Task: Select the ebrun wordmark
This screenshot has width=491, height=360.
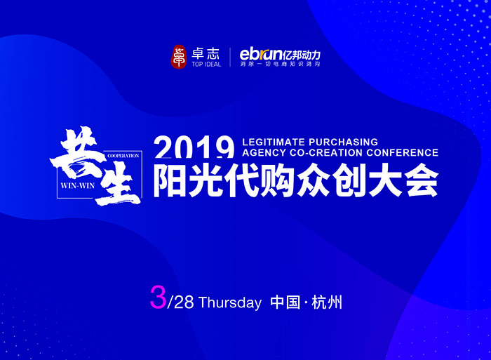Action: point(261,53)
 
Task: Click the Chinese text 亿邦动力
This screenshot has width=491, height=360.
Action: point(307,53)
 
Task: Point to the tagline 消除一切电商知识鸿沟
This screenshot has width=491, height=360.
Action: point(284,65)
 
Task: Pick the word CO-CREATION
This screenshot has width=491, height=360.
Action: point(328,152)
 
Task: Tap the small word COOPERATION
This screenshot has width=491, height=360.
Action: point(123,154)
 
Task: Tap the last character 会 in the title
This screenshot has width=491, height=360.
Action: point(420,181)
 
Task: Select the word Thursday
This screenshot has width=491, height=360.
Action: point(230,302)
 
